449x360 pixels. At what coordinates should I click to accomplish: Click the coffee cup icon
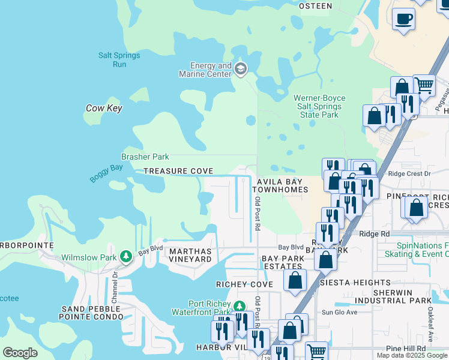click(403, 19)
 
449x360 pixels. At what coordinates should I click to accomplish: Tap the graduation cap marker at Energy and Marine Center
click(241, 68)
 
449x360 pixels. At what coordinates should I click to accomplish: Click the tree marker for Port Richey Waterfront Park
click(239, 307)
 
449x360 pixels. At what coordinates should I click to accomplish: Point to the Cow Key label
click(104, 109)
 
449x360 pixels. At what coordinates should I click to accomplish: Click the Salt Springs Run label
click(119, 59)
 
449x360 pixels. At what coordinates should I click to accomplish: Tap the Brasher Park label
click(145, 157)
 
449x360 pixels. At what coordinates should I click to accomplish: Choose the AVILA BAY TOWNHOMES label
click(282, 185)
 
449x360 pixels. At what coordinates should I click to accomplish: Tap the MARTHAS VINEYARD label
click(190, 255)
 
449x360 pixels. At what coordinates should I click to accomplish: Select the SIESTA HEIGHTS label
click(355, 282)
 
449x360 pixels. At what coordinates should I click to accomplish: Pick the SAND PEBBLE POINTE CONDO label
click(91, 312)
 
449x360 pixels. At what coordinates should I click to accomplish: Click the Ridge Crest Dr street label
click(409, 174)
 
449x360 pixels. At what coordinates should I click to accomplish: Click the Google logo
click(20, 352)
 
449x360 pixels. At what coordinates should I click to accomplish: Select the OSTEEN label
click(315, 6)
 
